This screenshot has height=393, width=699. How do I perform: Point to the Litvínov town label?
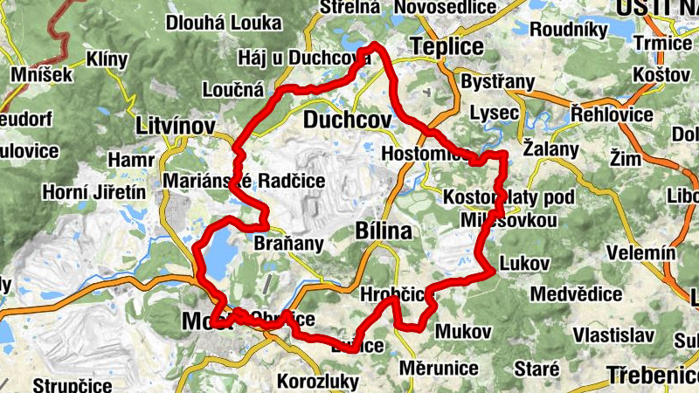(176, 127)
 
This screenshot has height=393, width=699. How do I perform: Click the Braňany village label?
(287, 244)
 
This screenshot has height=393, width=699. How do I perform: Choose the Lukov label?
(524, 263)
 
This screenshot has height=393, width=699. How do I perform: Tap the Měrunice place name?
(439, 368)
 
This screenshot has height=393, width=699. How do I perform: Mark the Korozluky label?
(317, 382)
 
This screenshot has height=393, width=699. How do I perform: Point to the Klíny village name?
(107, 59)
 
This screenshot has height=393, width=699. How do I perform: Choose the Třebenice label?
(654, 376)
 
